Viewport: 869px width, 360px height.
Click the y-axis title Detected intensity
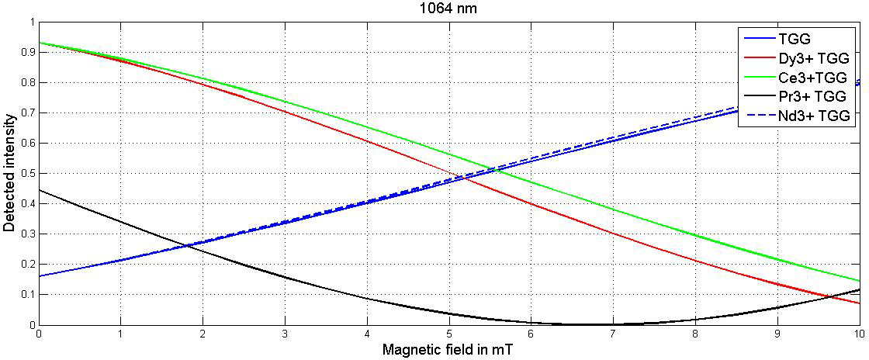[9, 173]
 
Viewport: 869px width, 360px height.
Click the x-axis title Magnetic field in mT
[448, 349]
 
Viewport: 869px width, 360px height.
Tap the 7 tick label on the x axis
[613, 334]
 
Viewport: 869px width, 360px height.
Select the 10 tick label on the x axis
[857, 334]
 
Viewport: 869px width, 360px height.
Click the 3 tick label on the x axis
[285, 334]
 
